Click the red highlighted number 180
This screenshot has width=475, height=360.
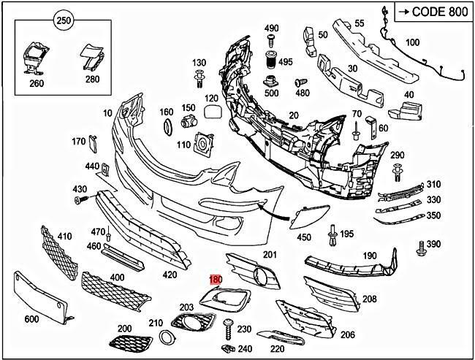(216, 279)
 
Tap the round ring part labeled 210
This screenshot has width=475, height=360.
(167, 337)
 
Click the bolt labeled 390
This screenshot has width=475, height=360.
(421, 250)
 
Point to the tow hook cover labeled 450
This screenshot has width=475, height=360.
(301, 218)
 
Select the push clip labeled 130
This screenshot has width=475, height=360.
(199, 77)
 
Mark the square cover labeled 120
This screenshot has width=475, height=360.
(211, 112)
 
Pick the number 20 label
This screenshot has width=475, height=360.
(294, 115)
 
